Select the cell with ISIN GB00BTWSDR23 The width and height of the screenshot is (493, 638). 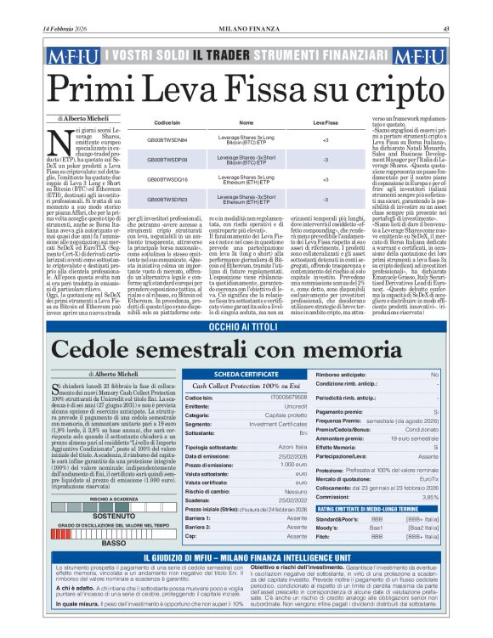[167, 200]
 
